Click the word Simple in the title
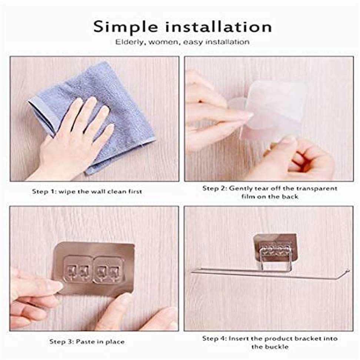126,27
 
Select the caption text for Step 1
87,191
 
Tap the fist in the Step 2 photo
308,161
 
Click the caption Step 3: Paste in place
87,341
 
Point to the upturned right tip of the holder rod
348,271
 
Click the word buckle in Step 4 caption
277,346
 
